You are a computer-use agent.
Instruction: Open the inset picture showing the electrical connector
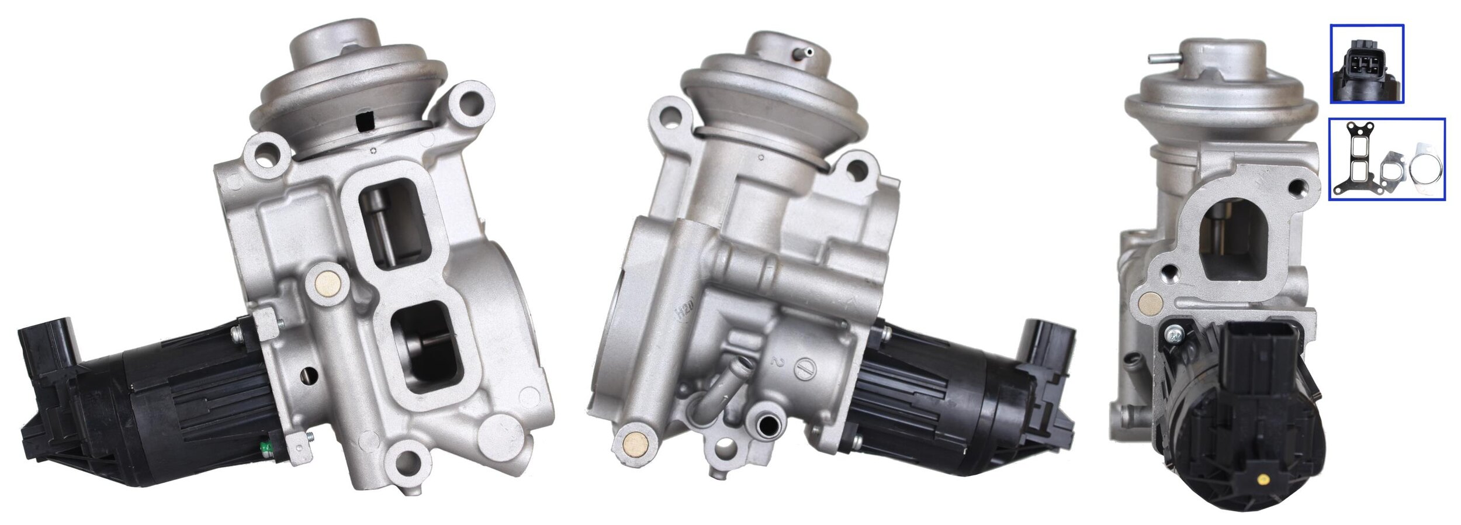[1366, 64]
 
